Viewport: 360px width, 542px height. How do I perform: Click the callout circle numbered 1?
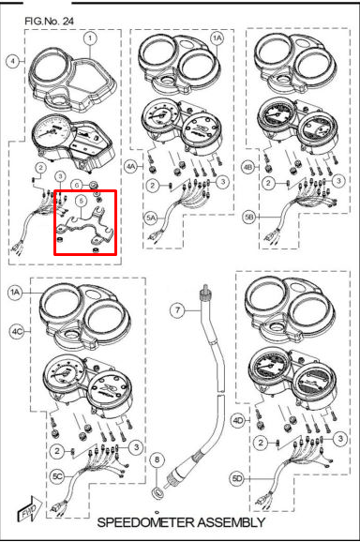click(90, 38)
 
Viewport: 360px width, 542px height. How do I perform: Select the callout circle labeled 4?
click(13, 62)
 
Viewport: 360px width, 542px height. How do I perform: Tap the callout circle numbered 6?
click(77, 185)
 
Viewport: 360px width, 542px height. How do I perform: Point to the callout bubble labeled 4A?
click(130, 167)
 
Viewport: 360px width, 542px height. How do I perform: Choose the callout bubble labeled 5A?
click(151, 218)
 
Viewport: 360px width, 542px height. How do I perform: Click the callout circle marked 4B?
click(247, 167)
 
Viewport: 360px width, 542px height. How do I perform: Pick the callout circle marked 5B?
click(249, 218)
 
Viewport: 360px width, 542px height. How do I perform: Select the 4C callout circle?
click(16, 332)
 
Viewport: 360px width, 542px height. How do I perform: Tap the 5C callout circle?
click(57, 476)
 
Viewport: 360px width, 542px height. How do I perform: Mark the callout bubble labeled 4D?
click(238, 421)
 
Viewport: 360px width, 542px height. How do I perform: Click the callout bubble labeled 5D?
click(237, 479)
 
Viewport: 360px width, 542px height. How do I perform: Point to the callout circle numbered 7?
click(177, 310)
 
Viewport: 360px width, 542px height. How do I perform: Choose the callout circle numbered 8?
click(157, 459)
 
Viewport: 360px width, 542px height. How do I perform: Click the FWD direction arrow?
click(29, 509)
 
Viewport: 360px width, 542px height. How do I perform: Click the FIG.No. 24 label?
click(49, 21)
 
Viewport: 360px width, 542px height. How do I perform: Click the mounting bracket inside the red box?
click(85, 224)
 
